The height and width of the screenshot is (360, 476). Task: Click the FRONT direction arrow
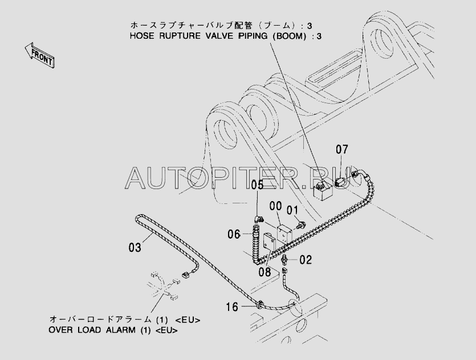point(39,55)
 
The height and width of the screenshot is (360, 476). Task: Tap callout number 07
point(342,149)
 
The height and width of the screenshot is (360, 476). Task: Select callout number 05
point(257,185)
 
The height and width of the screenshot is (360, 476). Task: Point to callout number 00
point(276,206)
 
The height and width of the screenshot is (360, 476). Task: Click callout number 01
point(292,210)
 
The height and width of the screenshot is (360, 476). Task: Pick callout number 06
point(234,235)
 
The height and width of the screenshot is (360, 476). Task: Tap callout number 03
point(135,248)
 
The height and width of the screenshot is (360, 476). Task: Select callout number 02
point(306,260)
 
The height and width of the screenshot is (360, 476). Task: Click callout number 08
point(265,272)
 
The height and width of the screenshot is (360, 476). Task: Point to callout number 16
point(232,307)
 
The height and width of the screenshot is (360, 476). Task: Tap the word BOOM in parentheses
point(288,36)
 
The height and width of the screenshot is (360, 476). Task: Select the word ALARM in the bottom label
point(120,330)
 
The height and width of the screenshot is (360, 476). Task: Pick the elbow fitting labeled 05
point(259,219)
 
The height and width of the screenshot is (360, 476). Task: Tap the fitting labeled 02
point(285,260)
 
